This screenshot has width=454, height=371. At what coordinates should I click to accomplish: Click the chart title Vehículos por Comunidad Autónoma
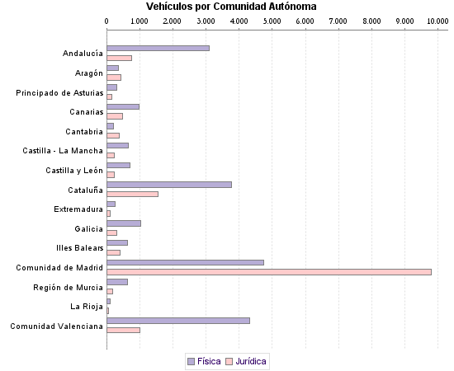tap(231, 7)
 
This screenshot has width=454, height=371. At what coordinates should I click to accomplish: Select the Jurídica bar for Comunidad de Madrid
tap(269, 272)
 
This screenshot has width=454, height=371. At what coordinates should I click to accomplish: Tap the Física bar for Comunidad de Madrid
tap(185, 263)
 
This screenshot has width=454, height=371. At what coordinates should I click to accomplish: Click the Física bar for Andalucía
tap(158, 49)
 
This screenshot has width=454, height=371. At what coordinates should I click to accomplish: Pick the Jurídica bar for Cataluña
tap(132, 195)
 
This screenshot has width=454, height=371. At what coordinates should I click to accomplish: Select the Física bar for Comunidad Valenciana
tap(178, 321)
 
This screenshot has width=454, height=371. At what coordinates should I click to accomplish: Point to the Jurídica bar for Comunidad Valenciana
tap(123, 330)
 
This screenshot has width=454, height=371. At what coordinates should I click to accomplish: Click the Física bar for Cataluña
tap(169, 185)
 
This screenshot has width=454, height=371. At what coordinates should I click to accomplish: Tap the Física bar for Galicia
tap(124, 223)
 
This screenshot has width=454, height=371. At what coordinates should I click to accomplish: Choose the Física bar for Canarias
tap(123, 107)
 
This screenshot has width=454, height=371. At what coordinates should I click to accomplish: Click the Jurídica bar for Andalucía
tap(119, 58)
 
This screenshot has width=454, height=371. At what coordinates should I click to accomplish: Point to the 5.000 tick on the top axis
tap(272, 21)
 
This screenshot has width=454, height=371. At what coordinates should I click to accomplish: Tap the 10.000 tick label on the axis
tap(436, 21)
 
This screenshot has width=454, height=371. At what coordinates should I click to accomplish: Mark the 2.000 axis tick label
tap(173, 21)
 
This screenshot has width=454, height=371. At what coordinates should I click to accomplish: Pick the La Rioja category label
tap(86, 307)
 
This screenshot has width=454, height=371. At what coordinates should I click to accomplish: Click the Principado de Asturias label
tap(59, 93)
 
